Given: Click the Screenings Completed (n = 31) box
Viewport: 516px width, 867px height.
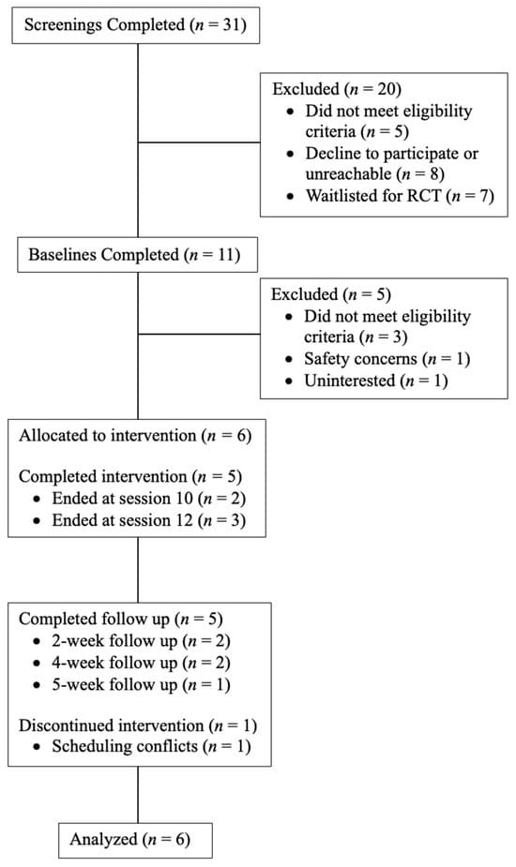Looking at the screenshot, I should click(134, 25).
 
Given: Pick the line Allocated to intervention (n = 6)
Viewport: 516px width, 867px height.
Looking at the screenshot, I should click(135, 435).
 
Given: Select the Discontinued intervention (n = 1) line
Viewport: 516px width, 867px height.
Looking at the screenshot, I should click(138, 725).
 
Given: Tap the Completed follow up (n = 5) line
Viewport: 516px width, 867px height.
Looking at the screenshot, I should click(121, 619).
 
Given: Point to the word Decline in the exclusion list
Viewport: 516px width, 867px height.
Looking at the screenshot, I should click(330, 154).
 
